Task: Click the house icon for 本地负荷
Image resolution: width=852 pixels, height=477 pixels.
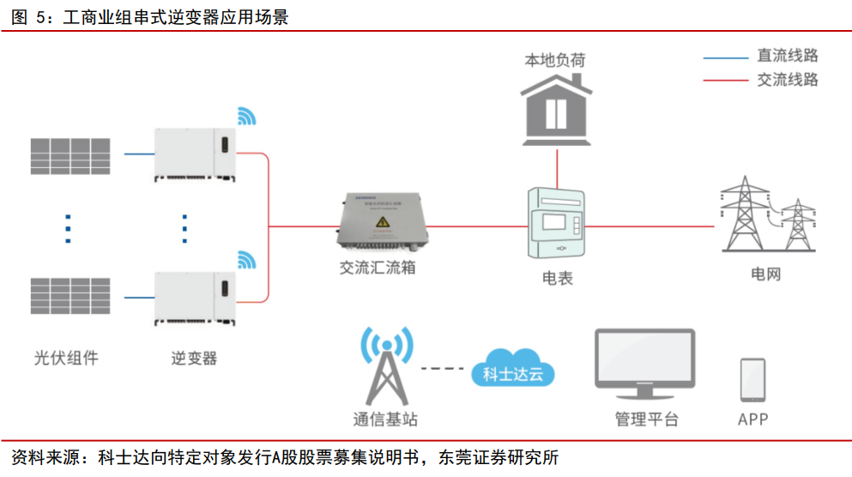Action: pos(557,109)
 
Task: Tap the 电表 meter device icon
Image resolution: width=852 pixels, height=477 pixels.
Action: pos(557,224)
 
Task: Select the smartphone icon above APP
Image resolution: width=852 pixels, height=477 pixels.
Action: pos(752,379)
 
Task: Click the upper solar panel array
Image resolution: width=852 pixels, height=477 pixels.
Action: pos(71,155)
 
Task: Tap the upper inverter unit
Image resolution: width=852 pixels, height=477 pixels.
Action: pos(194,154)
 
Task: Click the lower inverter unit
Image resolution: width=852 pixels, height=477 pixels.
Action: pos(194,299)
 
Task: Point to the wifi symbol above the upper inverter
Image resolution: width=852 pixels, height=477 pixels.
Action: pos(246,116)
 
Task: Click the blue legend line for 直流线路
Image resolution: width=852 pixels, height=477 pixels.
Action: pos(726,57)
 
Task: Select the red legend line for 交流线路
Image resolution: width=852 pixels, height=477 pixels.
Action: pos(726,81)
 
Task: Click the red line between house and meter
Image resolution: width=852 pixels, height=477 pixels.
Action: pos(557,167)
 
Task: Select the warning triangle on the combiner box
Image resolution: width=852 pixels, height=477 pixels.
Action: pos(380,224)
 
